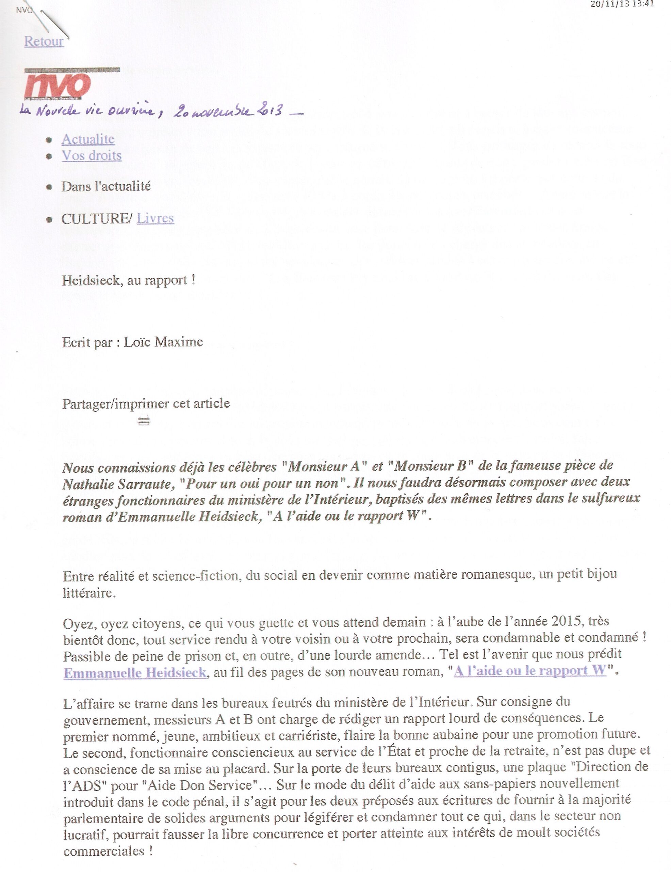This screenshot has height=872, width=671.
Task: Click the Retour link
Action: point(44,41)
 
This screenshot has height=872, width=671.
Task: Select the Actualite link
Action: point(88,139)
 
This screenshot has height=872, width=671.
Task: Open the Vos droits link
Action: point(91,155)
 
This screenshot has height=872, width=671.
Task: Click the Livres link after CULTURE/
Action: point(155,218)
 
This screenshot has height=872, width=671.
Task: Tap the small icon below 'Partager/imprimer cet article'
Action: point(143,421)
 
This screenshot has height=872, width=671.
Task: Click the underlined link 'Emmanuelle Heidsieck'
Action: point(135,673)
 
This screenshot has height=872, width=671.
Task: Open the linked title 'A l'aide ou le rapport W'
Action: point(530,671)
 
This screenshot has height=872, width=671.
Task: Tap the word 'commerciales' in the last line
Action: point(104,851)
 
